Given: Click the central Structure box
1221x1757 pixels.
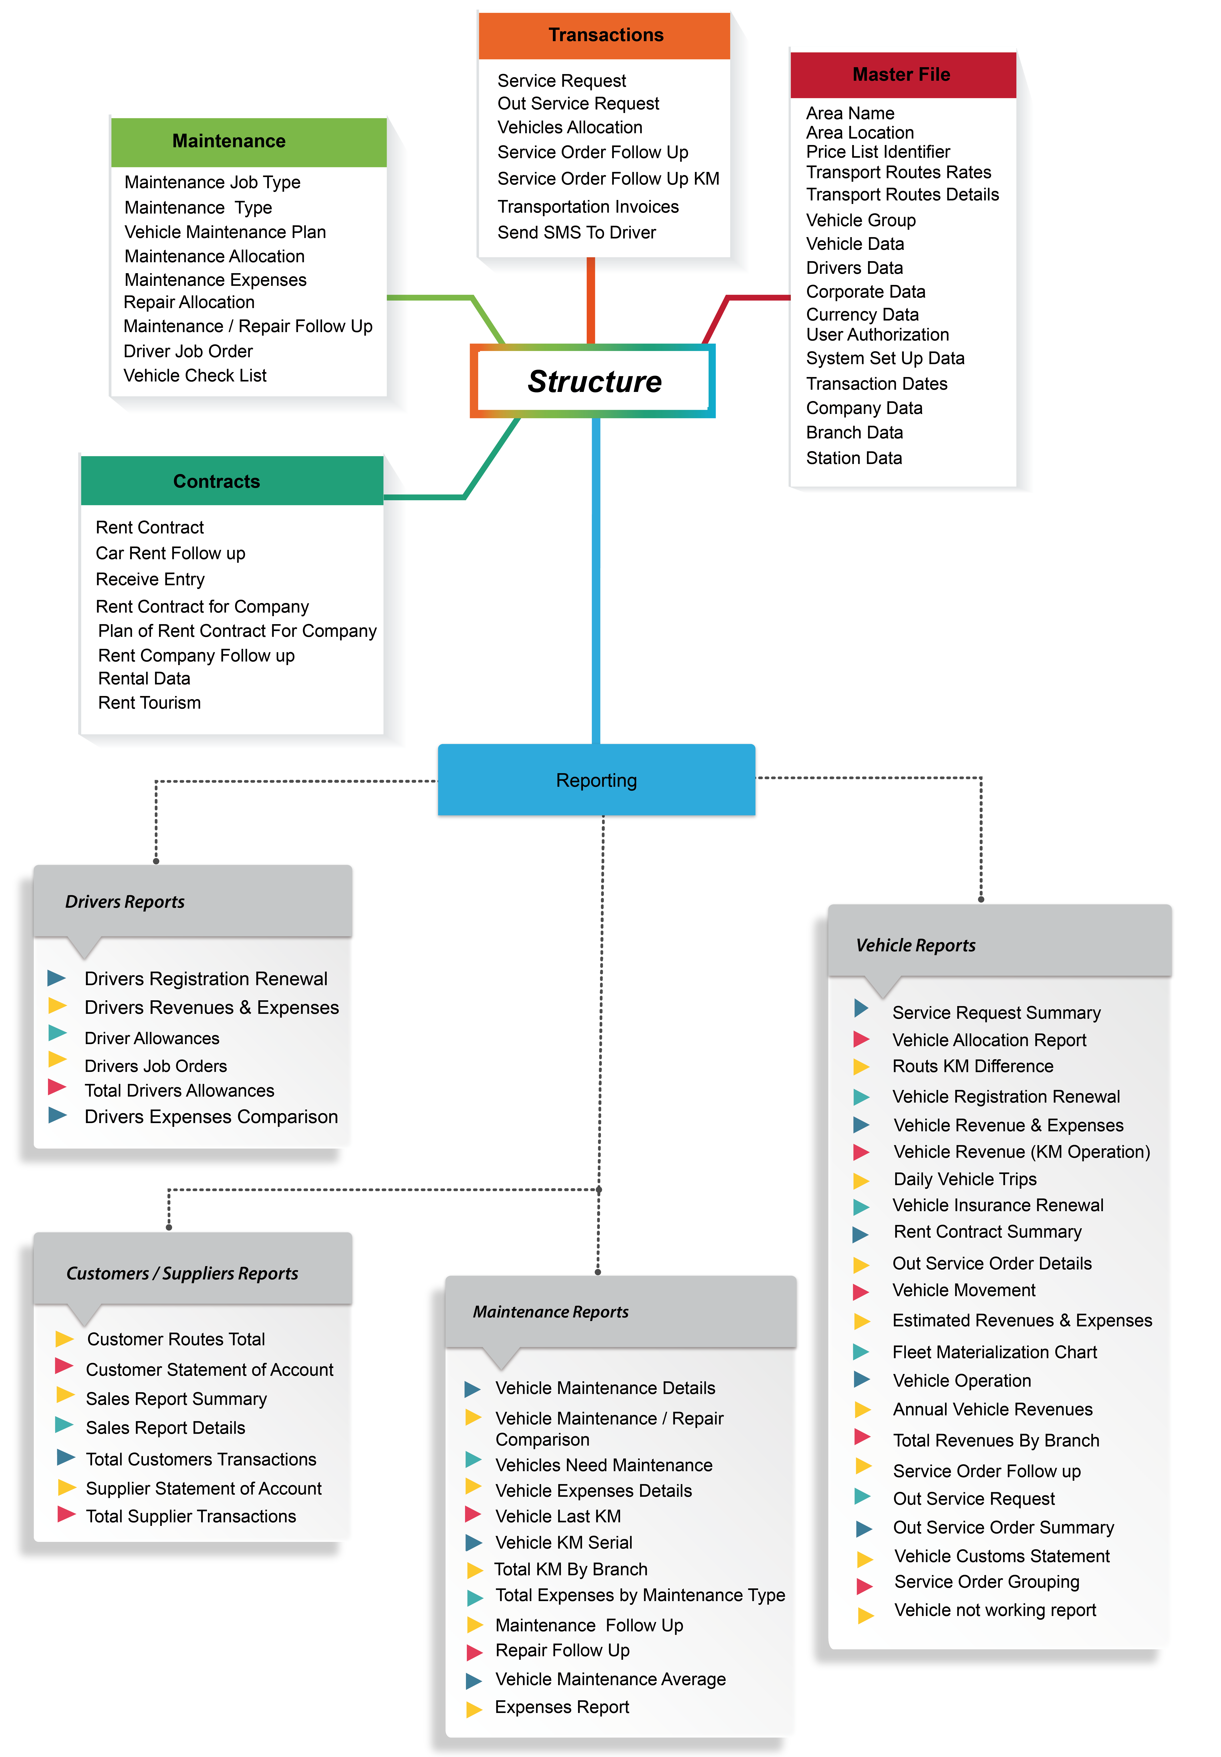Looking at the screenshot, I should click(x=594, y=381).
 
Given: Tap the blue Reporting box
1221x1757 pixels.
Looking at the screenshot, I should click(x=596, y=780).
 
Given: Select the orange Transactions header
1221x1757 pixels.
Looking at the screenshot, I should click(x=605, y=35).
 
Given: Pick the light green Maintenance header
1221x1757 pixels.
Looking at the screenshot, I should click(x=229, y=141).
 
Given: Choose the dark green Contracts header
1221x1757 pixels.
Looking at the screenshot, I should click(x=216, y=481).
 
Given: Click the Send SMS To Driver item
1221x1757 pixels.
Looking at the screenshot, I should click(x=576, y=232).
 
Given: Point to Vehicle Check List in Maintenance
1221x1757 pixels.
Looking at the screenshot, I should click(x=195, y=375).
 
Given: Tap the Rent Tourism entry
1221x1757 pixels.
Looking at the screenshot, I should click(x=149, y=703).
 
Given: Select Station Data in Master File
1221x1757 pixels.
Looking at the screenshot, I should click(x=854, y=458).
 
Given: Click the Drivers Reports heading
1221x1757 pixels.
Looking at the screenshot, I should click(x=125, y=902).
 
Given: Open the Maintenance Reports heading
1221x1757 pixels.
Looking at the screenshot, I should click(x=550, y=1312).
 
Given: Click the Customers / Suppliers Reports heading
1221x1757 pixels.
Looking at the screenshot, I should click(x=182, y=1274).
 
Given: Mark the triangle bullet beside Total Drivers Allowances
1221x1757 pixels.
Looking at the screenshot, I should click(x=57, y=1087).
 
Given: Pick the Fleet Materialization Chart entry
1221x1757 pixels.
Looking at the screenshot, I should click(x=995, y=1352).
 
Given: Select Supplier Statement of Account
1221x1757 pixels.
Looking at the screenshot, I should click(x=203, y=1489).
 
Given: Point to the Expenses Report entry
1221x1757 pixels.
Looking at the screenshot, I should click(x=562, y=1707).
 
